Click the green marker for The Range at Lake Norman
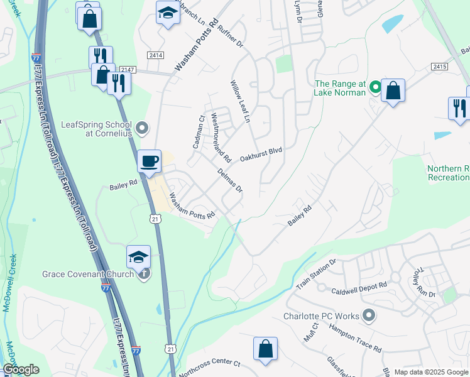coord(375,87)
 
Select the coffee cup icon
coord(150,161)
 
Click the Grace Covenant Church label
coord(88,274)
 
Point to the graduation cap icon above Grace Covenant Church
coord(138,256)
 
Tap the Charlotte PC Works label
coord(320,316)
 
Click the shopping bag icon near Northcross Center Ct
coord(265,349)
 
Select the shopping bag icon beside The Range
coord(393,90)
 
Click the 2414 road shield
coord(156,55)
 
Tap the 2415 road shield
coord(439,66)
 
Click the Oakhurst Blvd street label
coord(261,153)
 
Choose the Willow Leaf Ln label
coord(240,101)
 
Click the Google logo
coord(21,369)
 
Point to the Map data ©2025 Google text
coord(431,372)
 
